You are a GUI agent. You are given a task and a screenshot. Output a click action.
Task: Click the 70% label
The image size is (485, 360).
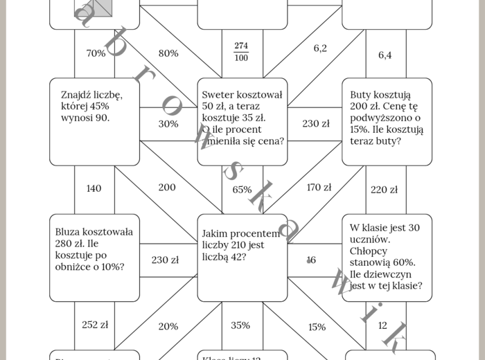pos(96,53)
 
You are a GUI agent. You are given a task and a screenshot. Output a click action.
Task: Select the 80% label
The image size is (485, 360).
pos(168,53)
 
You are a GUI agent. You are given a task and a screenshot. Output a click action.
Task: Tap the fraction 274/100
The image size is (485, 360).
pos(241,52)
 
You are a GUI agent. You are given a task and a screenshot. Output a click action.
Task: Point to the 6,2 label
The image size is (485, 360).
pos(320,48)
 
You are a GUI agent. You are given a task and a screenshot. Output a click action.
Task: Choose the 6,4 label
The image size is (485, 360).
pos(385,55)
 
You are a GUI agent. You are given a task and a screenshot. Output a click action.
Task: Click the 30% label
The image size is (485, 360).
pos(168,124)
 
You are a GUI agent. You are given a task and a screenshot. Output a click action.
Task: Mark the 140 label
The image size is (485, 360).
pos(94,188)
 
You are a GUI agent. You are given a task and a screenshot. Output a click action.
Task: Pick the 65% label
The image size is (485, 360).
pos(242,189)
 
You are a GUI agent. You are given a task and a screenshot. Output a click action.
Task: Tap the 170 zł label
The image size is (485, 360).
pos(319,187)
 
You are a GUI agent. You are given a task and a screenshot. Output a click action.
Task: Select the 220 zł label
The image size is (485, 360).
pos(384,190)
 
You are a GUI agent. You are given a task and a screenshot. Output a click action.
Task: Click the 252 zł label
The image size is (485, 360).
pos(95,324)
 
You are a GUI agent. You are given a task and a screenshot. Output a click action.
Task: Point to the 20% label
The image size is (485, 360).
pos(168,327)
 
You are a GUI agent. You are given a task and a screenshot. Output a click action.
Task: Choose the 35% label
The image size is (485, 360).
pos(240,325)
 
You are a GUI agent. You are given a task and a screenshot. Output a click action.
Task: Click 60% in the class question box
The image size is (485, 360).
pos(403,262)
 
